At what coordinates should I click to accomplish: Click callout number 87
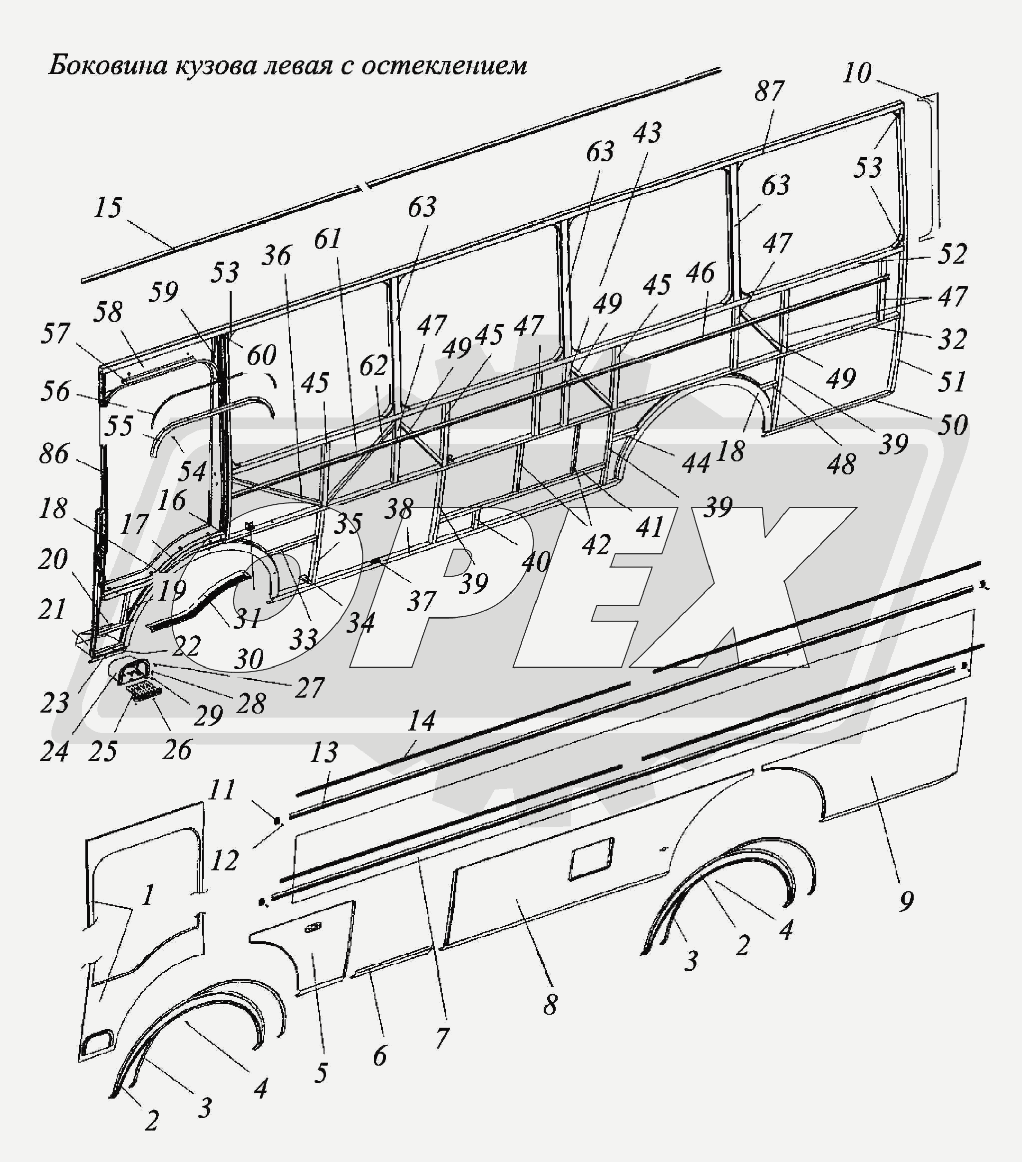[x=769, y=91]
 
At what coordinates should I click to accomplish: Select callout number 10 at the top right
[x=857, y=73]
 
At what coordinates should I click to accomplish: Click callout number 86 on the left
[x=54, y=453]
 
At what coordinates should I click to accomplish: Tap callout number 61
[x=328, y=239]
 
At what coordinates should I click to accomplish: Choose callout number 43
[x=647, y=132]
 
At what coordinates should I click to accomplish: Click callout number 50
[x=952, y=424]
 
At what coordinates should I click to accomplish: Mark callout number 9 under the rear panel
[x=907, y=900]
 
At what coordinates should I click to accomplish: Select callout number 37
[x=421, y=601]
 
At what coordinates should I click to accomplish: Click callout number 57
[x=54, y=333]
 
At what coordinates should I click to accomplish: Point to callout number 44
[x=696, y=463]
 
